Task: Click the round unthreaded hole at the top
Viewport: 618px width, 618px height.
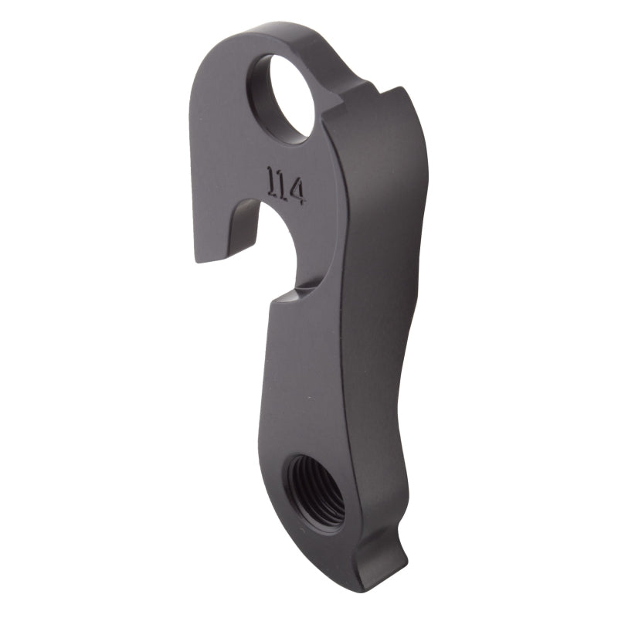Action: [283, 98]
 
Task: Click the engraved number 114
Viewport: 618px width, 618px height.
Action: [284, 185]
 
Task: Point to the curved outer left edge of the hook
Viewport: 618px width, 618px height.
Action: [193, 154]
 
